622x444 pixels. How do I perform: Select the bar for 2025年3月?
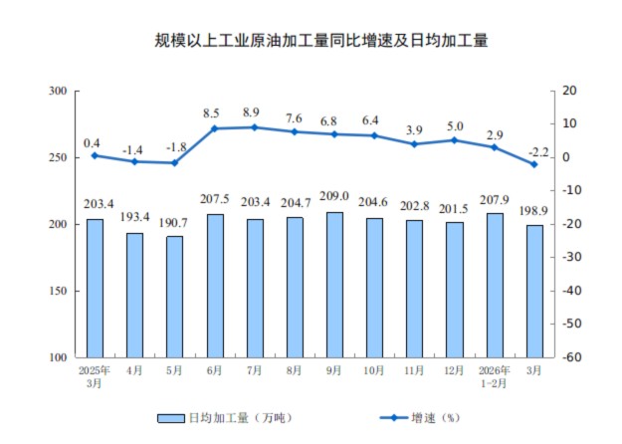pos(95,288)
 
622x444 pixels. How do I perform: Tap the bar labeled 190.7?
pos(174,296)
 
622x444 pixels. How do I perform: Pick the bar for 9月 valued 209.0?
pos(334,284)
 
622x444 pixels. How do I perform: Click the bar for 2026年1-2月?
pos(495,285)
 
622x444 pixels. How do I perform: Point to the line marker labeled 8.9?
pos(255,126)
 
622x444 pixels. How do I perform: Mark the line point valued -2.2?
pos(534,164)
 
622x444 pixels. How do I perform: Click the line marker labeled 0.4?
pos(95,155)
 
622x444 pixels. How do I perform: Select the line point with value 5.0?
pos(455,140)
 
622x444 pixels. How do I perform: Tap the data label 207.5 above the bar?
pos(214,201)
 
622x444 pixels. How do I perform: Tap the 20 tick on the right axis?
pos(569,91)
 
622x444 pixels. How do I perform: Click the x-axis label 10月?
pos(374,370)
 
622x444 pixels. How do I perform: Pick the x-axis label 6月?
pos(214,370)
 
